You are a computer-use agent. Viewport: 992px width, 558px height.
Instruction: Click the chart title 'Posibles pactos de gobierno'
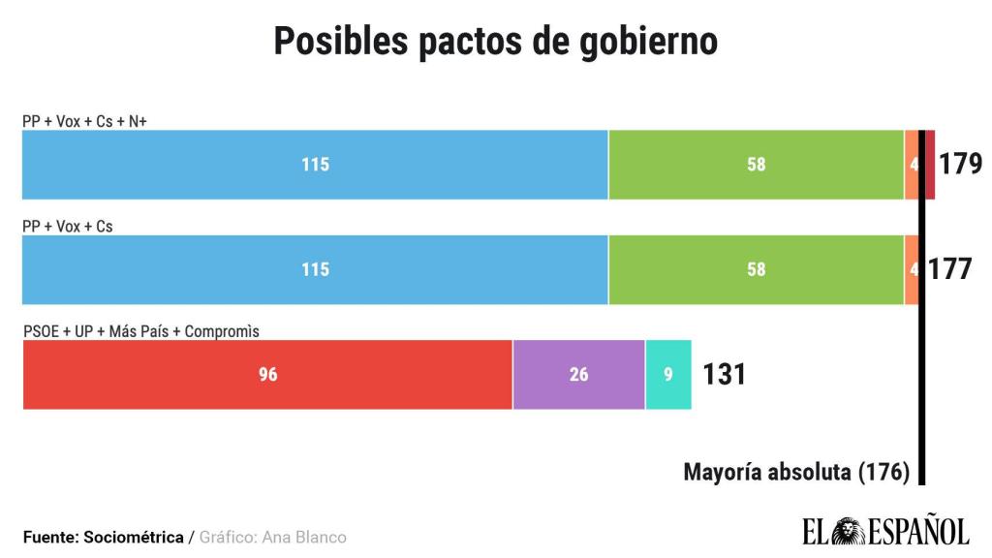pyautogui.click(x=495, y=42)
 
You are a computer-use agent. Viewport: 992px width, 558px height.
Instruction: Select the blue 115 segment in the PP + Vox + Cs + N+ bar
pyautogui.click(x=315, y=165)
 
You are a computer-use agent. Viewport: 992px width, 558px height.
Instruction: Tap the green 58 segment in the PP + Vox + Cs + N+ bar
pyautogui.click(x=756, y=165)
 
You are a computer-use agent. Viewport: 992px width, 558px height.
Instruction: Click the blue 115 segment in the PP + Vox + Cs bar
pyautogui.click(x=315, y=269)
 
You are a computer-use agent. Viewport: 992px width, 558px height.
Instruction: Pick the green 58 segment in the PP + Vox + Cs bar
pyautogui.click(x=756, y=269)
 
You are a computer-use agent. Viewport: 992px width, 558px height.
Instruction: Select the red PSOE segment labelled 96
pyautogui.click(x=267, y=375)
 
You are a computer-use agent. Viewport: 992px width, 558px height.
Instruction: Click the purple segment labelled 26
pyautogui.click(x=578, y=375)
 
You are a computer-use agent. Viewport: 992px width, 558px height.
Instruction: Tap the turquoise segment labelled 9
pyautogui.click(x=667, y=375)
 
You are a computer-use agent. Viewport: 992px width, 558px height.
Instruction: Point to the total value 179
pyautogui.click(x=961, y=164)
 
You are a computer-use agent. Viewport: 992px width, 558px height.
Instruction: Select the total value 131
pyautogui.click(x=724, y=375)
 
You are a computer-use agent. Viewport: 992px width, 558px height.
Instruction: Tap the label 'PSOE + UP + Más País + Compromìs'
pyautogui.click(x=141, y=331)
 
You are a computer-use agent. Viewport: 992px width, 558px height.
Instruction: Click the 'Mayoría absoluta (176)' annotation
pyautogui.click(x=796, y=472)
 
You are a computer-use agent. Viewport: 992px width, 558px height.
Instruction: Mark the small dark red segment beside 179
pyautogui.click(x=931, y=165)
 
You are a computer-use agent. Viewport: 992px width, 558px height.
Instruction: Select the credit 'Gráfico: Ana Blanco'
pyautogui.click(x=273, y=537)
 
